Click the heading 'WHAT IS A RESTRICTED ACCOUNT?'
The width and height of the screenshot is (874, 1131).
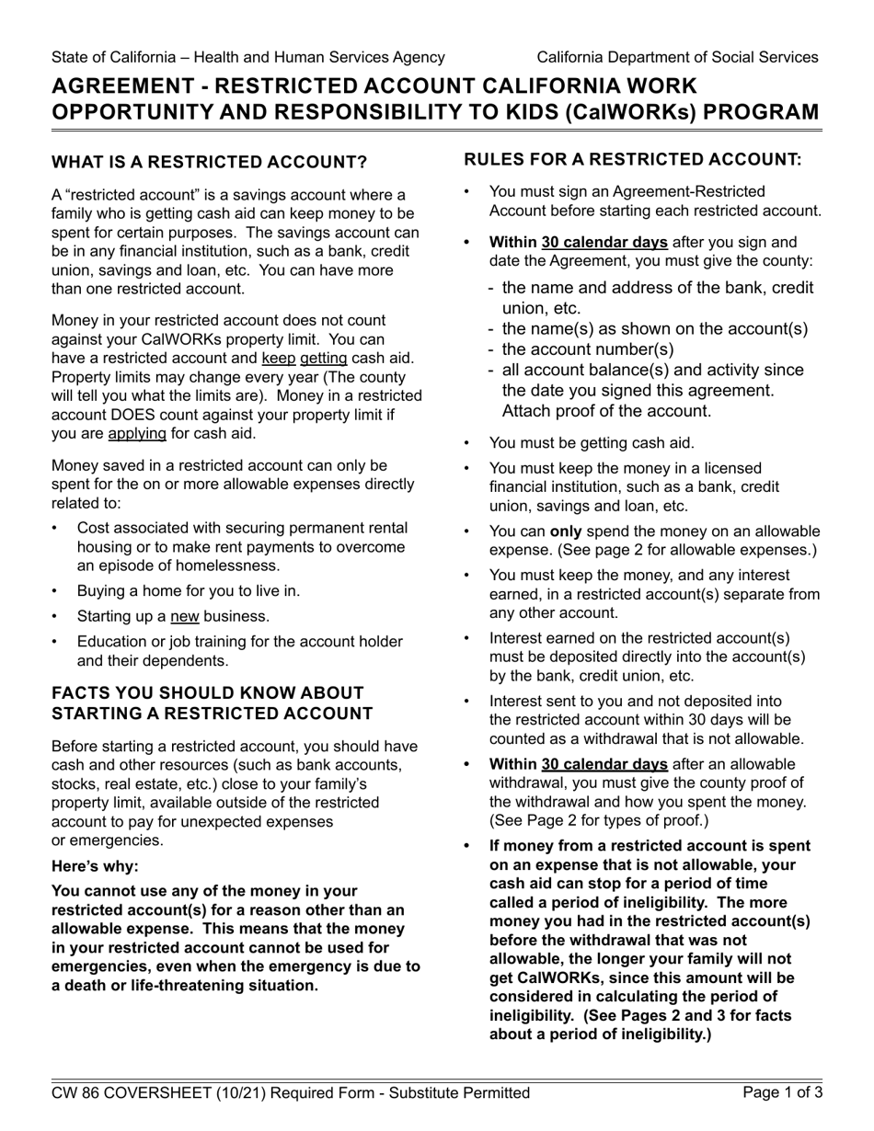click(x=209, y=163)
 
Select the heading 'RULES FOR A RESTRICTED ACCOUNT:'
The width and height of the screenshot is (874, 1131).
click(x=633, y=159)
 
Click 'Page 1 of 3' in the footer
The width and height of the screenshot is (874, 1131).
click(x=783, y=1093)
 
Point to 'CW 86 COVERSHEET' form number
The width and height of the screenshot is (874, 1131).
click(x=133, y=1093)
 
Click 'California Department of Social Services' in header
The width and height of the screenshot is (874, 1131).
click(x=677, y=57)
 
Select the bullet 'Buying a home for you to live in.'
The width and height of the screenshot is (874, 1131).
click(x=189, y=591)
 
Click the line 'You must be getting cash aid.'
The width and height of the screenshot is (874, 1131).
click(x=592, y=443)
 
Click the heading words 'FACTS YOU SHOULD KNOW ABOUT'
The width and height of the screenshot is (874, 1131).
click(x=208, y=693)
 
